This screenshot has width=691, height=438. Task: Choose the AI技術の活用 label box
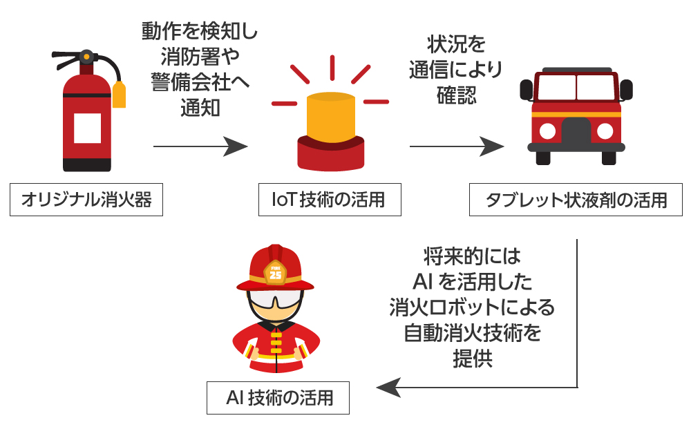pyautogui.click(x=278, y=398)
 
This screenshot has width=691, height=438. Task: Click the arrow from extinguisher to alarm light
pyautogui.click(x=200, y=146)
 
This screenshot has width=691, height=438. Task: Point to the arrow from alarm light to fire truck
pyautogui.click(x=456, y=146)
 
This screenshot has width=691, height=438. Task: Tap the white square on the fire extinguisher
pyautogui.click(x=88, y=127)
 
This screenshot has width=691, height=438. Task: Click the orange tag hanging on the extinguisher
pyautogui.click(x=119, y=95)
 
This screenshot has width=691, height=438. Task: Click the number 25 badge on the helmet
pyautogui.click(x=276, y=274)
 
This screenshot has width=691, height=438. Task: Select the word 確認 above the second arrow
pyautogui.click(x=456, y=95)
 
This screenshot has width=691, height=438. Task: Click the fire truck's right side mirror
pyautogui.click(x=627, y=90)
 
